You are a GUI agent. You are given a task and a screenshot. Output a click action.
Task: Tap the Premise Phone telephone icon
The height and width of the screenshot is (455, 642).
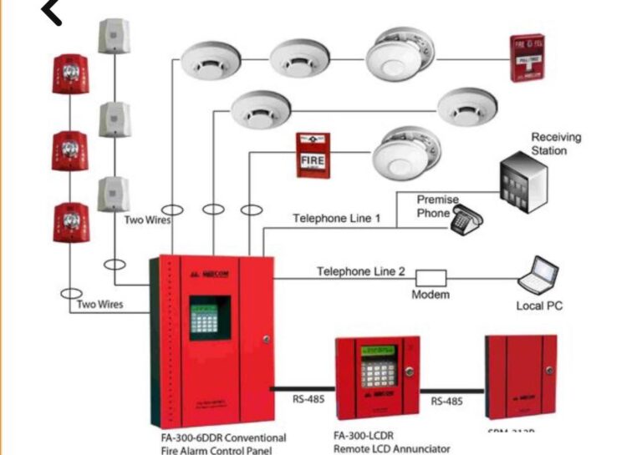pos(466,219)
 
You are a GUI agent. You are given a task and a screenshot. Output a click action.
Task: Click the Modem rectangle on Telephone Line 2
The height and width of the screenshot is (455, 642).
pos(431,277)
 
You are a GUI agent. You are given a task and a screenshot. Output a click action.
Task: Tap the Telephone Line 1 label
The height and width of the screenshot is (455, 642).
pos(337,219)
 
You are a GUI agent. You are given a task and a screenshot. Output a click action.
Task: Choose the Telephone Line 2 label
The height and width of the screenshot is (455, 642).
pos(361,271)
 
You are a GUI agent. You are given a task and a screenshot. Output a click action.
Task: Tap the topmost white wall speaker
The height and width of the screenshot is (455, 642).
pos(114,35)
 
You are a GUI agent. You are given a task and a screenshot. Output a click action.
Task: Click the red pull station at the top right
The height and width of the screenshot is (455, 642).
pos(528,58)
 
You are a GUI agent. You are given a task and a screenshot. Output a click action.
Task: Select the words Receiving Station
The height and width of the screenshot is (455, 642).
pos(556,144)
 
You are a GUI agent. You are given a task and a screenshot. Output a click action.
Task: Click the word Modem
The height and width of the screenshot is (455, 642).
pos(431,295)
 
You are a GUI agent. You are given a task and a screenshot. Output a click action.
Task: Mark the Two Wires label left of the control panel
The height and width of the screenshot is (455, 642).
pos(99,305)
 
